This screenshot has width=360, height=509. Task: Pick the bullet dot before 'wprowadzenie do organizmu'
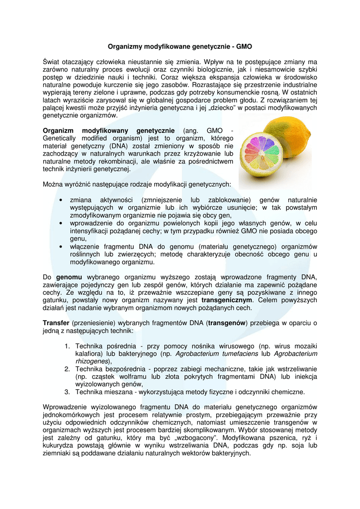[60, 224]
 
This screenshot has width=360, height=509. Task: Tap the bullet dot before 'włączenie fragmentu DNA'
[60, 247]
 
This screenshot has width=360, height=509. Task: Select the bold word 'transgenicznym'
[227, 300]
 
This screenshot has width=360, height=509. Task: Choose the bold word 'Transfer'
[57, 323]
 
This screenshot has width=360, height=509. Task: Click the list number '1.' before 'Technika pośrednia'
[67, 346]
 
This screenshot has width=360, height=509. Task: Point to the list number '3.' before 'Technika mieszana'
[67, 392]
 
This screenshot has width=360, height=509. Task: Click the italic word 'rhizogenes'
[92, 361]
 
